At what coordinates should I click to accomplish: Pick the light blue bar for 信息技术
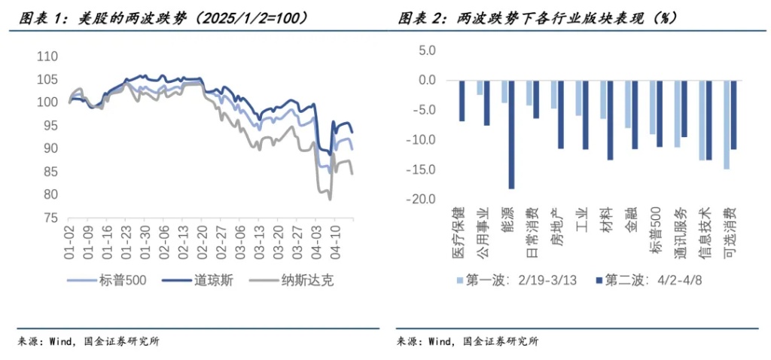click(x=702, y=120)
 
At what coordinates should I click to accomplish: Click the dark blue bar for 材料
click(x=610, y=120)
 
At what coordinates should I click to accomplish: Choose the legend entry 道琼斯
click(x=204, y=281)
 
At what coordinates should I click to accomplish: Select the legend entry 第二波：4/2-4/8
click(x=648, y=281)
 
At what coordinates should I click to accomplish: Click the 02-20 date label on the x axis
click(x=201, y=239)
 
